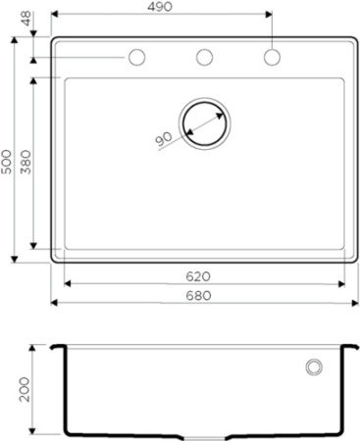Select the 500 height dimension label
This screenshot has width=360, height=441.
click(x=7, y=162)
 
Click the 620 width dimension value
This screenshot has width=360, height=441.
click(x=203, y=275)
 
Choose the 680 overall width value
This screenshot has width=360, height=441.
click(x=203, y=295)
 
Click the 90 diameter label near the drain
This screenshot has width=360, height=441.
click(x=163, y=140)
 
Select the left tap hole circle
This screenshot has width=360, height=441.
click(x=137, y=57)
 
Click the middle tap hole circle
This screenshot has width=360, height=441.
click(x=205, y=57)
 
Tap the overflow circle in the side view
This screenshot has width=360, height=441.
click(x=315, y=367)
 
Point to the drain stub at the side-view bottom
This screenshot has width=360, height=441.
click(x=204, y=435)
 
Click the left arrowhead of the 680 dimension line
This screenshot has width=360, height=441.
click(x=54, y=304)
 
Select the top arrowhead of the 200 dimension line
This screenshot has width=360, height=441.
click(x=36, y=348)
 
